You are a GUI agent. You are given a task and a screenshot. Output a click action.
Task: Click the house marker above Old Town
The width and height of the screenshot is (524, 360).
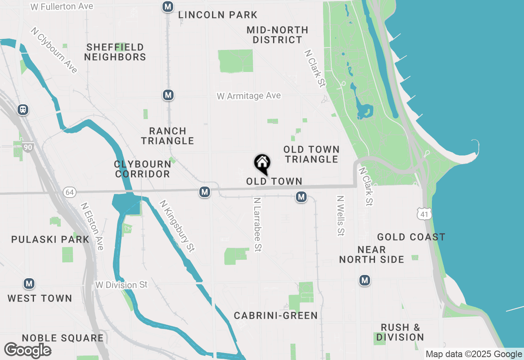coord(262,164)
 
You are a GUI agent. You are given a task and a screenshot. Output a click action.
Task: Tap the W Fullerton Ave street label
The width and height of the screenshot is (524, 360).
coord(62,7)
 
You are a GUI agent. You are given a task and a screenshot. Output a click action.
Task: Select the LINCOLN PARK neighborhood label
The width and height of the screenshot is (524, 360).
coord(218,15)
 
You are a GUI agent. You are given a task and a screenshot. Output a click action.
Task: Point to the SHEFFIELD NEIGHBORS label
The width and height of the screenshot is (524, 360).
coord(115,52)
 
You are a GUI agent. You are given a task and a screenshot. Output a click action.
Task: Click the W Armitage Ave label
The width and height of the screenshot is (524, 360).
coord(249,96)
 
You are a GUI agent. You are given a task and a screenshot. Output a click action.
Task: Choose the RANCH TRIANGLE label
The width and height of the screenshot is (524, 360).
coord(167,136)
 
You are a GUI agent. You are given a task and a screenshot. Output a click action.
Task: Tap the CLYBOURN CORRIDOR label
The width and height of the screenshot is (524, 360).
coord(142,169)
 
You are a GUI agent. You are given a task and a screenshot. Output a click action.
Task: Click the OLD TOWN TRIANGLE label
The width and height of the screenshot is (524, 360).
coord(312,154)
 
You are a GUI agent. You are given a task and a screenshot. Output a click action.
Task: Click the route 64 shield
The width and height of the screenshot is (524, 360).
coord(70,192)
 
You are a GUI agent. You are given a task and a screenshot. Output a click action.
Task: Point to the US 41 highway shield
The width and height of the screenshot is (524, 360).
coord(425,213)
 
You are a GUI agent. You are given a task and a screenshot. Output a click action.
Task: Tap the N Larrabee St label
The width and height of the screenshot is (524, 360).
coord(257,225)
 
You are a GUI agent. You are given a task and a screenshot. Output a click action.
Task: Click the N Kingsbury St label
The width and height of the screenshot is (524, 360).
coord(177,225)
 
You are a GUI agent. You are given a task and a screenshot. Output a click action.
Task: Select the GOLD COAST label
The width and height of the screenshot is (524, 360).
coord(411,237)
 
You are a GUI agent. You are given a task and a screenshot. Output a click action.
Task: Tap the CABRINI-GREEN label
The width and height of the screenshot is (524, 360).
coord(276,315)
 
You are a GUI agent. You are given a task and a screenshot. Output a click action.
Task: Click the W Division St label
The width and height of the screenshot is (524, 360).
coord(121,284)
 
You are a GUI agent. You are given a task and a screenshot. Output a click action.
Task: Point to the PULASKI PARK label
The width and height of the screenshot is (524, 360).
coord(50,239)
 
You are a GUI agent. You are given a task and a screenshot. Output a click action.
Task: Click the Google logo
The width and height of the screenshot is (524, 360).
coord(28,350)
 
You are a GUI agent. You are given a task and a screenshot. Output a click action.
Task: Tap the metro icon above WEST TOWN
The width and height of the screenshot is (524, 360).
coord(29,283)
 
